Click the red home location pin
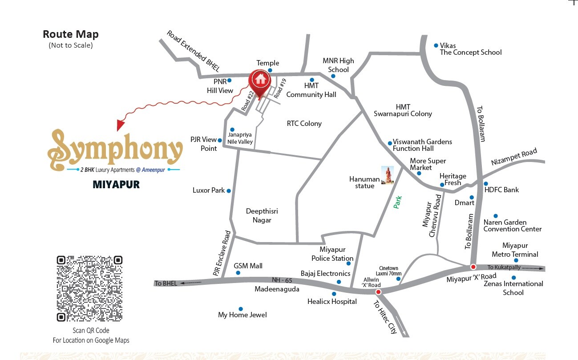(260, 81)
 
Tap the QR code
(89, 288)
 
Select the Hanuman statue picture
(388, 175)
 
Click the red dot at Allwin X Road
(378, 292)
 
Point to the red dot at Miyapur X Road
(473, 267)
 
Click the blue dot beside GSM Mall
(238, 273)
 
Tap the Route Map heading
(71, 34)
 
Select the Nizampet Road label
(514, 157)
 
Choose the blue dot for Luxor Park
(229, 191)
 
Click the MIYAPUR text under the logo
(116, 184)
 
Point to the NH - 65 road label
(282, 280)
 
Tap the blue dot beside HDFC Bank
(486, 184)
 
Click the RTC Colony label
(304, 123)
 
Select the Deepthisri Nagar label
(262, 216)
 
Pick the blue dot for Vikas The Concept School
(436, 45)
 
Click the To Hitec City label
(385, 317)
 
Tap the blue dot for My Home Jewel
(241, 309)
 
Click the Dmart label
(465, 202)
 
